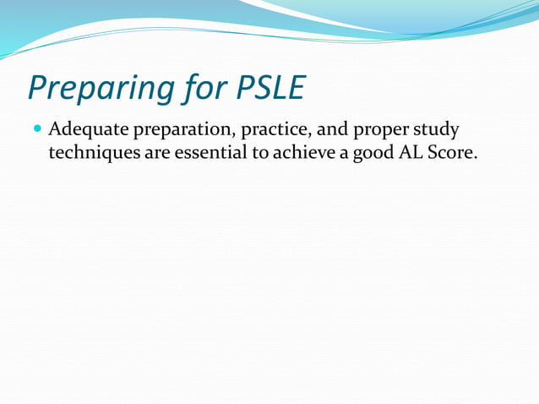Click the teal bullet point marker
click(x=37, y=130)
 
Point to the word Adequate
click(x=84, y=131)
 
